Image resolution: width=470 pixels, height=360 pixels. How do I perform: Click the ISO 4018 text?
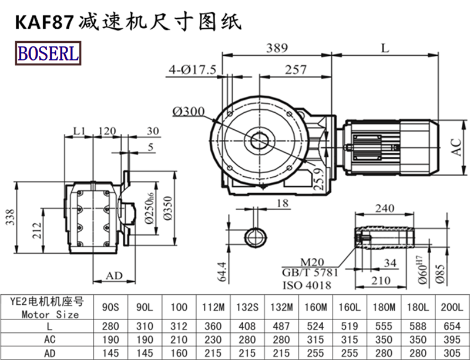coord(307,285)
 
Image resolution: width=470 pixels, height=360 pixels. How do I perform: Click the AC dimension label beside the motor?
coord(455,147)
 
